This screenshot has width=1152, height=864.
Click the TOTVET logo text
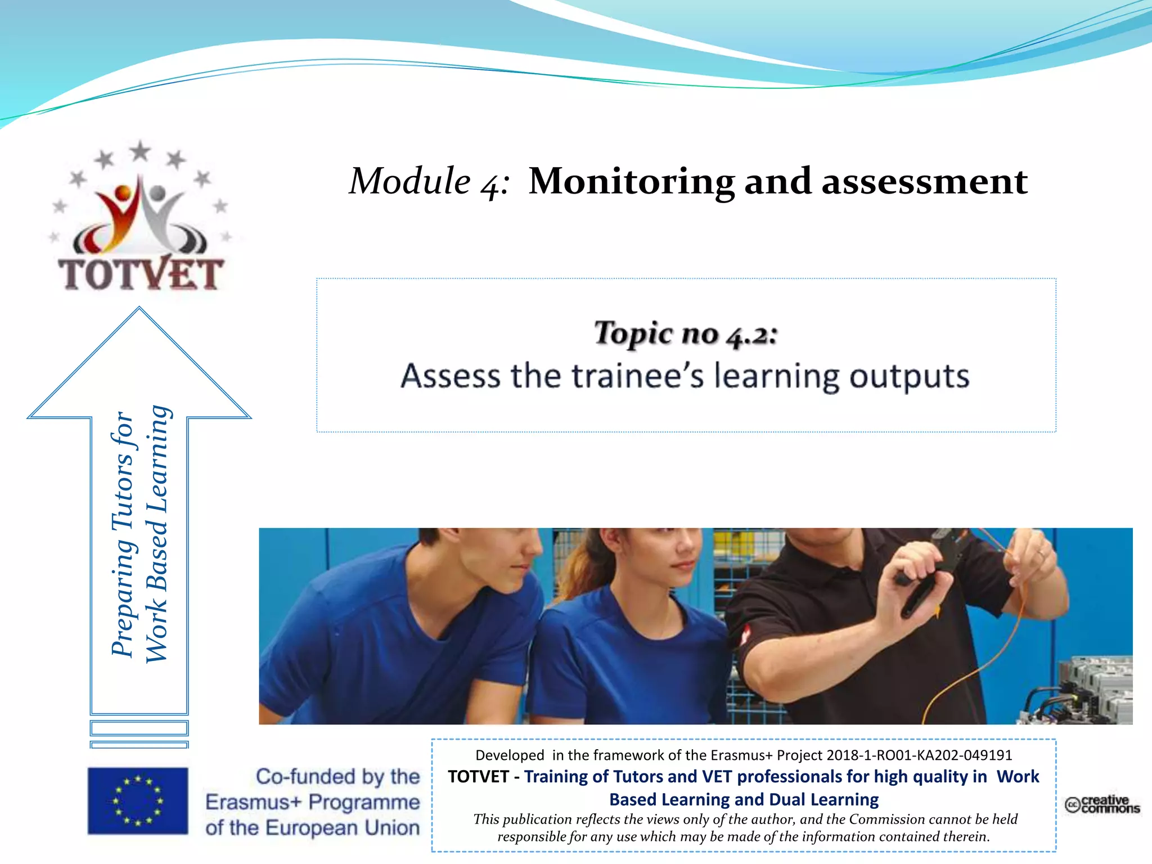141,274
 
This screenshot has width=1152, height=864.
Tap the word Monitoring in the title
631,182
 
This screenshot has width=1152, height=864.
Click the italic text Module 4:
429,182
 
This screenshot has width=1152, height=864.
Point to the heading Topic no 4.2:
686,334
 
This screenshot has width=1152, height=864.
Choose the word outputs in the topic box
909,377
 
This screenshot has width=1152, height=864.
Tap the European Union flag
138,800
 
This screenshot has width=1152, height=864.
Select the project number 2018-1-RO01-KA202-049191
919,755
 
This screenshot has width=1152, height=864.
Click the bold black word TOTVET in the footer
478,777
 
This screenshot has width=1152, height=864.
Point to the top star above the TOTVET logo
140,151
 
